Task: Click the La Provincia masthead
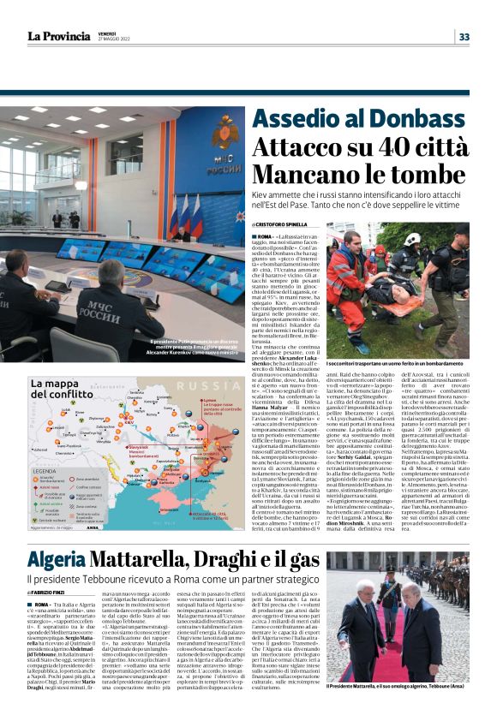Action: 57,36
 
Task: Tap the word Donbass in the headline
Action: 425,120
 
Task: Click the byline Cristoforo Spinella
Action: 283,225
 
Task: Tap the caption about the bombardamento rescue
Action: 394,364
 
